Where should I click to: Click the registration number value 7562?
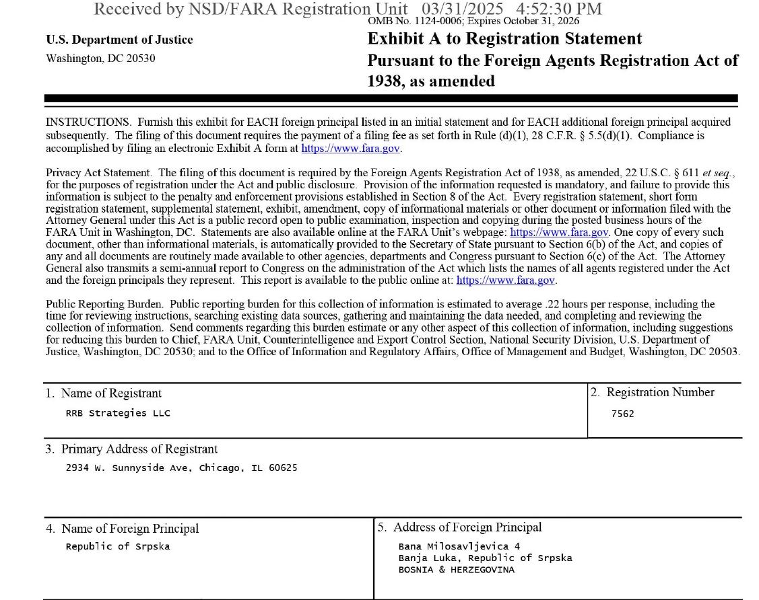coord(622,414)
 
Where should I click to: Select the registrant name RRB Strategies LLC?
coord(118,413)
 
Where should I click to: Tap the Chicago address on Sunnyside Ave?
coord(181,467)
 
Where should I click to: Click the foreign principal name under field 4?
coord(118,546)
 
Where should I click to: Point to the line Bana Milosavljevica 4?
coord(459,546)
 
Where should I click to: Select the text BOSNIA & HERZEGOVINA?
coord(456,570)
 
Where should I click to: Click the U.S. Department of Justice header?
coord(119,40)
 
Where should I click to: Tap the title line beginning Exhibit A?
coord(504,39)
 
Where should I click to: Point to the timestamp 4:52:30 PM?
coord(558,9)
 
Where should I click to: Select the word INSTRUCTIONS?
coord(88,122)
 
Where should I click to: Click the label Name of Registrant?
coord(111,393)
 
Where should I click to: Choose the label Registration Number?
coord(659,392)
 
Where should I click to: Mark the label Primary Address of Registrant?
coord(139,449)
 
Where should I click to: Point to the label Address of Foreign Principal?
coord(467,527)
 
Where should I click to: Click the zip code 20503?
coord(723,351)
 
